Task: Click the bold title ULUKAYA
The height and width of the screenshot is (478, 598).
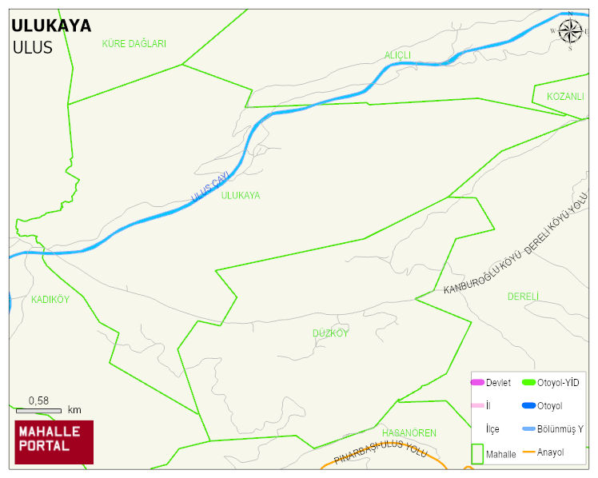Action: pyautogui.click(x=51, y=26)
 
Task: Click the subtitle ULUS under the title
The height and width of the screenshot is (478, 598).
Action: pyautogui.click(x=32, y=47)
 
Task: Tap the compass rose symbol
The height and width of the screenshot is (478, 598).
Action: pyautogui.click(x=570, y=30)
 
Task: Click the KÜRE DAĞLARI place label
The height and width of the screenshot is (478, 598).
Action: pyautogui.click(x=134, y=44)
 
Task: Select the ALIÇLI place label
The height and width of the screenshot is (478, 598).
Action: pyautogui.click(x=397, y=54)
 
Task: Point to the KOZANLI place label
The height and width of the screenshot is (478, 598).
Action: pyautogui.click(x=565, y=96)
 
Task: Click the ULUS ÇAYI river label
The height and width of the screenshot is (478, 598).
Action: pyautogui.click(x=210, y=186)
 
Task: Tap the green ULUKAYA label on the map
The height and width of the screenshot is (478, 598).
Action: pyautogui.click(x=240, y=195)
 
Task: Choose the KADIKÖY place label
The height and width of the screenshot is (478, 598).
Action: pyautogui.click(x=50, y=300)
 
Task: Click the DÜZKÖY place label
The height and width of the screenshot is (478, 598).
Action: pyautogui.click(x=330, y=333)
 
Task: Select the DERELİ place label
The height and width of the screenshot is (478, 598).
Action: pyautogui.click(x=524, y=297)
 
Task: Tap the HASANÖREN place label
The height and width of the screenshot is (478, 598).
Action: pyautogui.click(x=409, y=433)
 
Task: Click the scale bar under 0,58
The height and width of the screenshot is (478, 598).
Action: pyautogui.click(x=38, y=411)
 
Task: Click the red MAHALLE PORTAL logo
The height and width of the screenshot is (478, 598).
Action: pyautogui.click(x=54, y=441)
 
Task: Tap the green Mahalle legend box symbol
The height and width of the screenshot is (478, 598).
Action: pyautogui.click(x=477, y=454)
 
